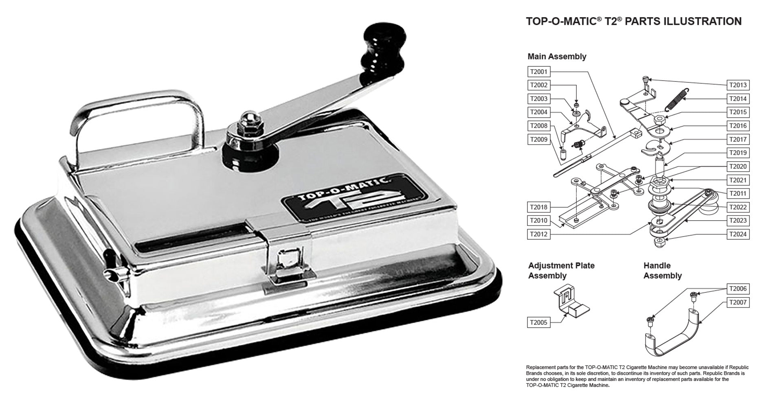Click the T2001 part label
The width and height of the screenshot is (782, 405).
pos(538,72)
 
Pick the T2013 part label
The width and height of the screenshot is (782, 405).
pos(738,85)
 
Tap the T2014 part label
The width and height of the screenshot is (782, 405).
pos(738,99)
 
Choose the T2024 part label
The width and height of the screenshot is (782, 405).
pos(738,234)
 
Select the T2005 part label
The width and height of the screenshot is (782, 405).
pos(538,322)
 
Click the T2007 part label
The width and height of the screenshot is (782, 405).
pos(738,302)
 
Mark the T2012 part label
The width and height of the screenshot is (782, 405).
pos(538,234)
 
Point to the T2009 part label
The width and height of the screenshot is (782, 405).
pos(538,140)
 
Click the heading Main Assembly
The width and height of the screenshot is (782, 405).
pos(557,57)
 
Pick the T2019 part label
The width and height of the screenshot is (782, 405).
pos(738,153)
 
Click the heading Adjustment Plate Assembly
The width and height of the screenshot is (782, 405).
pos(561,271)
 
